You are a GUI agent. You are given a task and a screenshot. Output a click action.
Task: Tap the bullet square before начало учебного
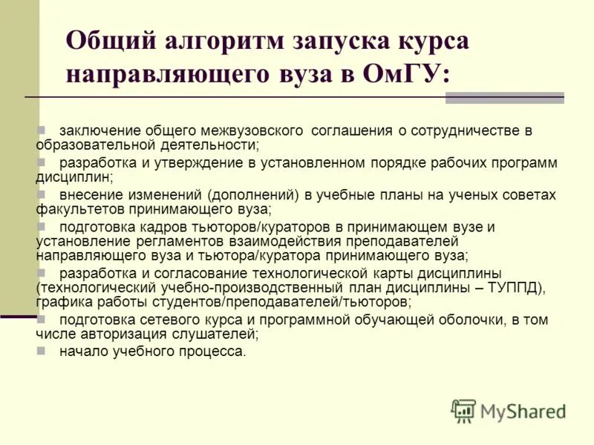coord(42,351)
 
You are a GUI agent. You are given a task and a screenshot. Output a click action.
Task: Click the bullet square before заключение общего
coord(42,130)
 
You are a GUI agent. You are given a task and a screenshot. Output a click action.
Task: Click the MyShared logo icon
coord(464,410)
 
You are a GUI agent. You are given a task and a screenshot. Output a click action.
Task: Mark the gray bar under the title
coord(505,98)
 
